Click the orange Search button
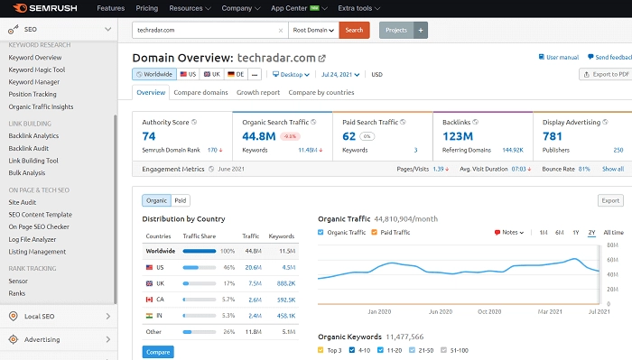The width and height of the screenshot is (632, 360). click(x=354, y=30)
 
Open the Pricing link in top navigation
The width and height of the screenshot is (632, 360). click(x=146, y=8)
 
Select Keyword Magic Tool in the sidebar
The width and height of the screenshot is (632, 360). click(x=37, y=69)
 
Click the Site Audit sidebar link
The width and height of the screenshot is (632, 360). click(x=23, y=202)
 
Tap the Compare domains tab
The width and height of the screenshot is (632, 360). click(x=201, y=92)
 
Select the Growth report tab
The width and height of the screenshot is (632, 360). click(x=258, y=92)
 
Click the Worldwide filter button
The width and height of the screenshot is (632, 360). click(x=153, y=74)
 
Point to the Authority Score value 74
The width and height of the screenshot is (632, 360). click(x=149, y=136)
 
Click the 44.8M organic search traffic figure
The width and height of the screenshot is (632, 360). click(x=257, y=136)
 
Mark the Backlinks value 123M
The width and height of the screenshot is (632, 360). click(x=460, y=136)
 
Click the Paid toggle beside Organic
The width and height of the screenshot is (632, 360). click(x=181, y=200)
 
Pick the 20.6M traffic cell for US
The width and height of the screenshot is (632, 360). click(x=254, y=267)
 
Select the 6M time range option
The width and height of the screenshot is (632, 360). click(x=560, y=233)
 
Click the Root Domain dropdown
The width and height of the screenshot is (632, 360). click(x=314, y=30)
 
